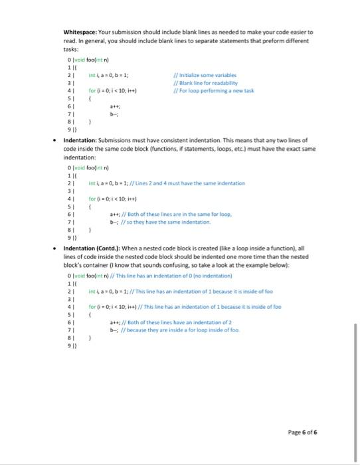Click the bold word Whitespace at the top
click(x=82, y=32)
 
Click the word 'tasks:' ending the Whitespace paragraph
click(x=72, y=48)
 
